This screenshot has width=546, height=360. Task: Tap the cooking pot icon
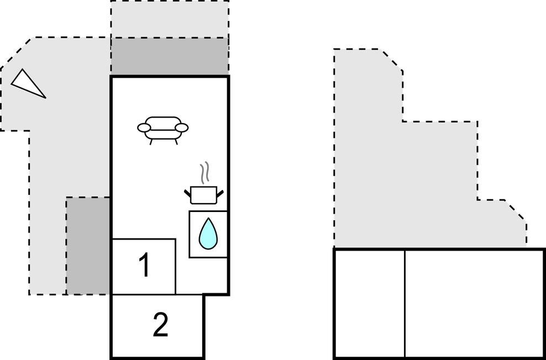pyautogui.click(x=204, y=195)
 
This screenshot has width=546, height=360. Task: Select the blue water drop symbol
pyautogui.click(x=208, y=234)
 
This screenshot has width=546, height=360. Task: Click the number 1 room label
pyautogui.click(x=144, y=265)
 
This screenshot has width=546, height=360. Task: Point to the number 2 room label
pyautogui.click(x=160, y=325)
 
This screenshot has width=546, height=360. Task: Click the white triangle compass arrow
pyautogui.click(x=27, y=83)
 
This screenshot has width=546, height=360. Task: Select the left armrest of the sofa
pyautogui.click(x=144, y=128)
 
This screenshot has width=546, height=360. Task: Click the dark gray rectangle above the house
pyautogui.click(x=170, y=56)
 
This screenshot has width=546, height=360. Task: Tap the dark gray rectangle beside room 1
pyautogui.click(x=88, y=246)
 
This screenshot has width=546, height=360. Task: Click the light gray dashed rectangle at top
pyautogui.click(x=170, y=19)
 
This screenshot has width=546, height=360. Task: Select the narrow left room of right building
pyautogui.click(x=370, y=304)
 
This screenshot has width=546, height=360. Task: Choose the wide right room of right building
pyautogui.click(x=474, y=304)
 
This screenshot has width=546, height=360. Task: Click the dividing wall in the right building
pyautogui.click(x=405, y=304)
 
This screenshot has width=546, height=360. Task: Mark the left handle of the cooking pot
pyautogui.click(x=187, y=192)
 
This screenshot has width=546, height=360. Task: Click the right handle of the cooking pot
pyautogui.click(x=220, y=192)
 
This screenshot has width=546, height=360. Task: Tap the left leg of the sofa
pyautogui.click(x=151, y=141)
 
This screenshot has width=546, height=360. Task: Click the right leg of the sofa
pyautogui.click(x=176, y=141)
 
